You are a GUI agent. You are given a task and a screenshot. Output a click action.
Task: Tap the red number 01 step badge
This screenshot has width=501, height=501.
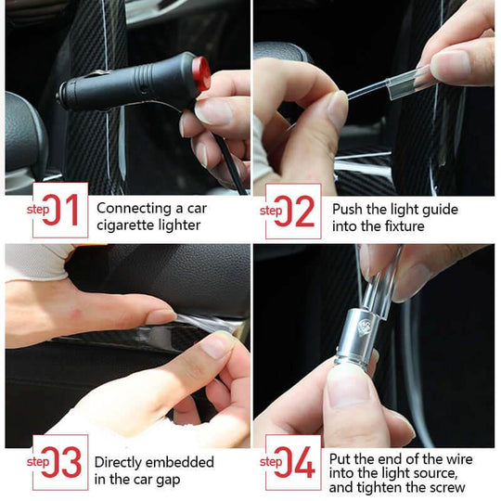(x=60, y=211)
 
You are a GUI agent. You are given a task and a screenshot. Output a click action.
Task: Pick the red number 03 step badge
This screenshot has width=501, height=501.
(x=60, y=461)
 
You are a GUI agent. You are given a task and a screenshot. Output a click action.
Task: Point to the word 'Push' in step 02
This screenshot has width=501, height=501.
(x=349, y=209)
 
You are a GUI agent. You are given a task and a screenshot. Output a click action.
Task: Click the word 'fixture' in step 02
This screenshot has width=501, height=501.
(x=407, y=225)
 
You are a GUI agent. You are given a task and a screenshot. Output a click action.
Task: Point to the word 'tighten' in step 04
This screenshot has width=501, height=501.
(x=388, y=488)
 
